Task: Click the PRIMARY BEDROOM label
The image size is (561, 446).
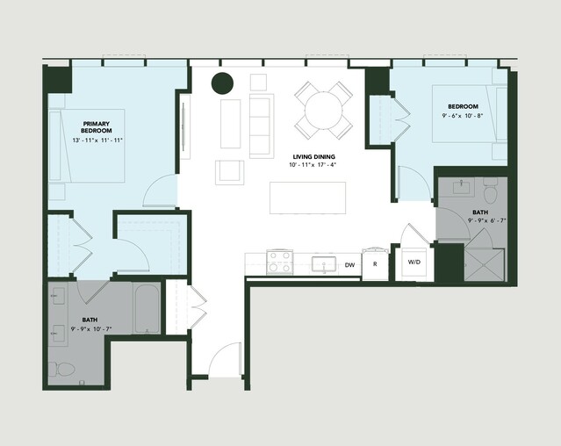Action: (97, 127)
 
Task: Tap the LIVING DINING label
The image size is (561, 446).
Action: (313, 156)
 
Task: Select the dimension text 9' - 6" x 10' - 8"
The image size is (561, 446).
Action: (463, 116)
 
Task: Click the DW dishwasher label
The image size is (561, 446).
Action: (349, 265)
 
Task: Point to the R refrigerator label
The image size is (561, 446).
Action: (375, 264)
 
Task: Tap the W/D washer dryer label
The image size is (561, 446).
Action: (414, 263)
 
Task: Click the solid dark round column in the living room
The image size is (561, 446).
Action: (222, 83)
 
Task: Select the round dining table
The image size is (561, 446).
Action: (323, 110)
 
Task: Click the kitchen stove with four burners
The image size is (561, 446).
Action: (280, 262)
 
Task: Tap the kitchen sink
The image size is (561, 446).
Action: (323, 264)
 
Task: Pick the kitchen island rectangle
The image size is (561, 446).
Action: (307, 198)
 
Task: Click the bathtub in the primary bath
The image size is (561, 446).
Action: (147, 308)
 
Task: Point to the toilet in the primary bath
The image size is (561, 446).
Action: (61, 369)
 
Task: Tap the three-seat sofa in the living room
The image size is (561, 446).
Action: (262, 126)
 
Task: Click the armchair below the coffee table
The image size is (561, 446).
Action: (230, 173)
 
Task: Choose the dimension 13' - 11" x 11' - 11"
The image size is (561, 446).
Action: (97, 140)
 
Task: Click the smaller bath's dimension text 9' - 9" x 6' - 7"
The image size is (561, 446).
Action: (486, 220)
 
